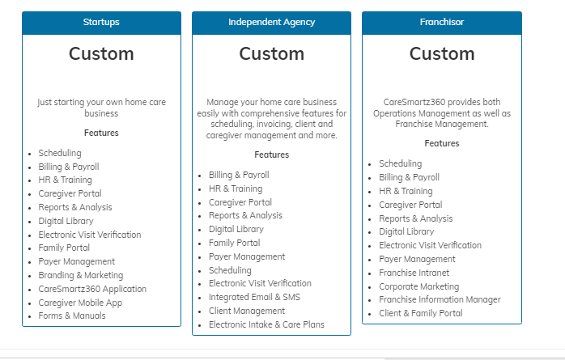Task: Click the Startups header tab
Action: pyautogui.click(x=101, y=23)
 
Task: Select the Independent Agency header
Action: pyautogui.click(x=271, y=23)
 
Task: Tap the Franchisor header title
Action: pyautogui.click(x=442, y=23)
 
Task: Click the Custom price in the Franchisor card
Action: pyautogui.click(x=442, y=54)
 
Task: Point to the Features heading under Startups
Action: pyautogui.click(x=101, y=133)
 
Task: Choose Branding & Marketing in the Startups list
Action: pyautogui.click(x=81, y=275)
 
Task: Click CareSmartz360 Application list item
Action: pyautogui.click(x=92, y=289)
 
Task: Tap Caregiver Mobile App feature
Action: pyautogui.click(x=80, y=303)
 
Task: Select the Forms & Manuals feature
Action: pyautogui.click(x=72, y=316)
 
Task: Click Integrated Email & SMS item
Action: pyautogui.click(x=254, y=298)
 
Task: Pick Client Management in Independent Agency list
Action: pyautogui.click(x=247, y=311)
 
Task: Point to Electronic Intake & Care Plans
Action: pyautogui.click(x=266, y=324)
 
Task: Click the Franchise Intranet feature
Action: pyautogui.click(x=414, y=273)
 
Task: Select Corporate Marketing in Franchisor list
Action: pyautogui.click(x=419, y=286)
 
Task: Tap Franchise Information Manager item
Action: pyautogui.click(x=440, y=299)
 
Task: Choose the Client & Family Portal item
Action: pyautogui.click(x=420, y=313)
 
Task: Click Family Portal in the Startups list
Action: pyautogui.click(x=64, y=248)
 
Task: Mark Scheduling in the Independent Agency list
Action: pyautogui.click(x=230, y=270)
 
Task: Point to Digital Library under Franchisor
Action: pyautogui.click(x=406, y=232)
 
